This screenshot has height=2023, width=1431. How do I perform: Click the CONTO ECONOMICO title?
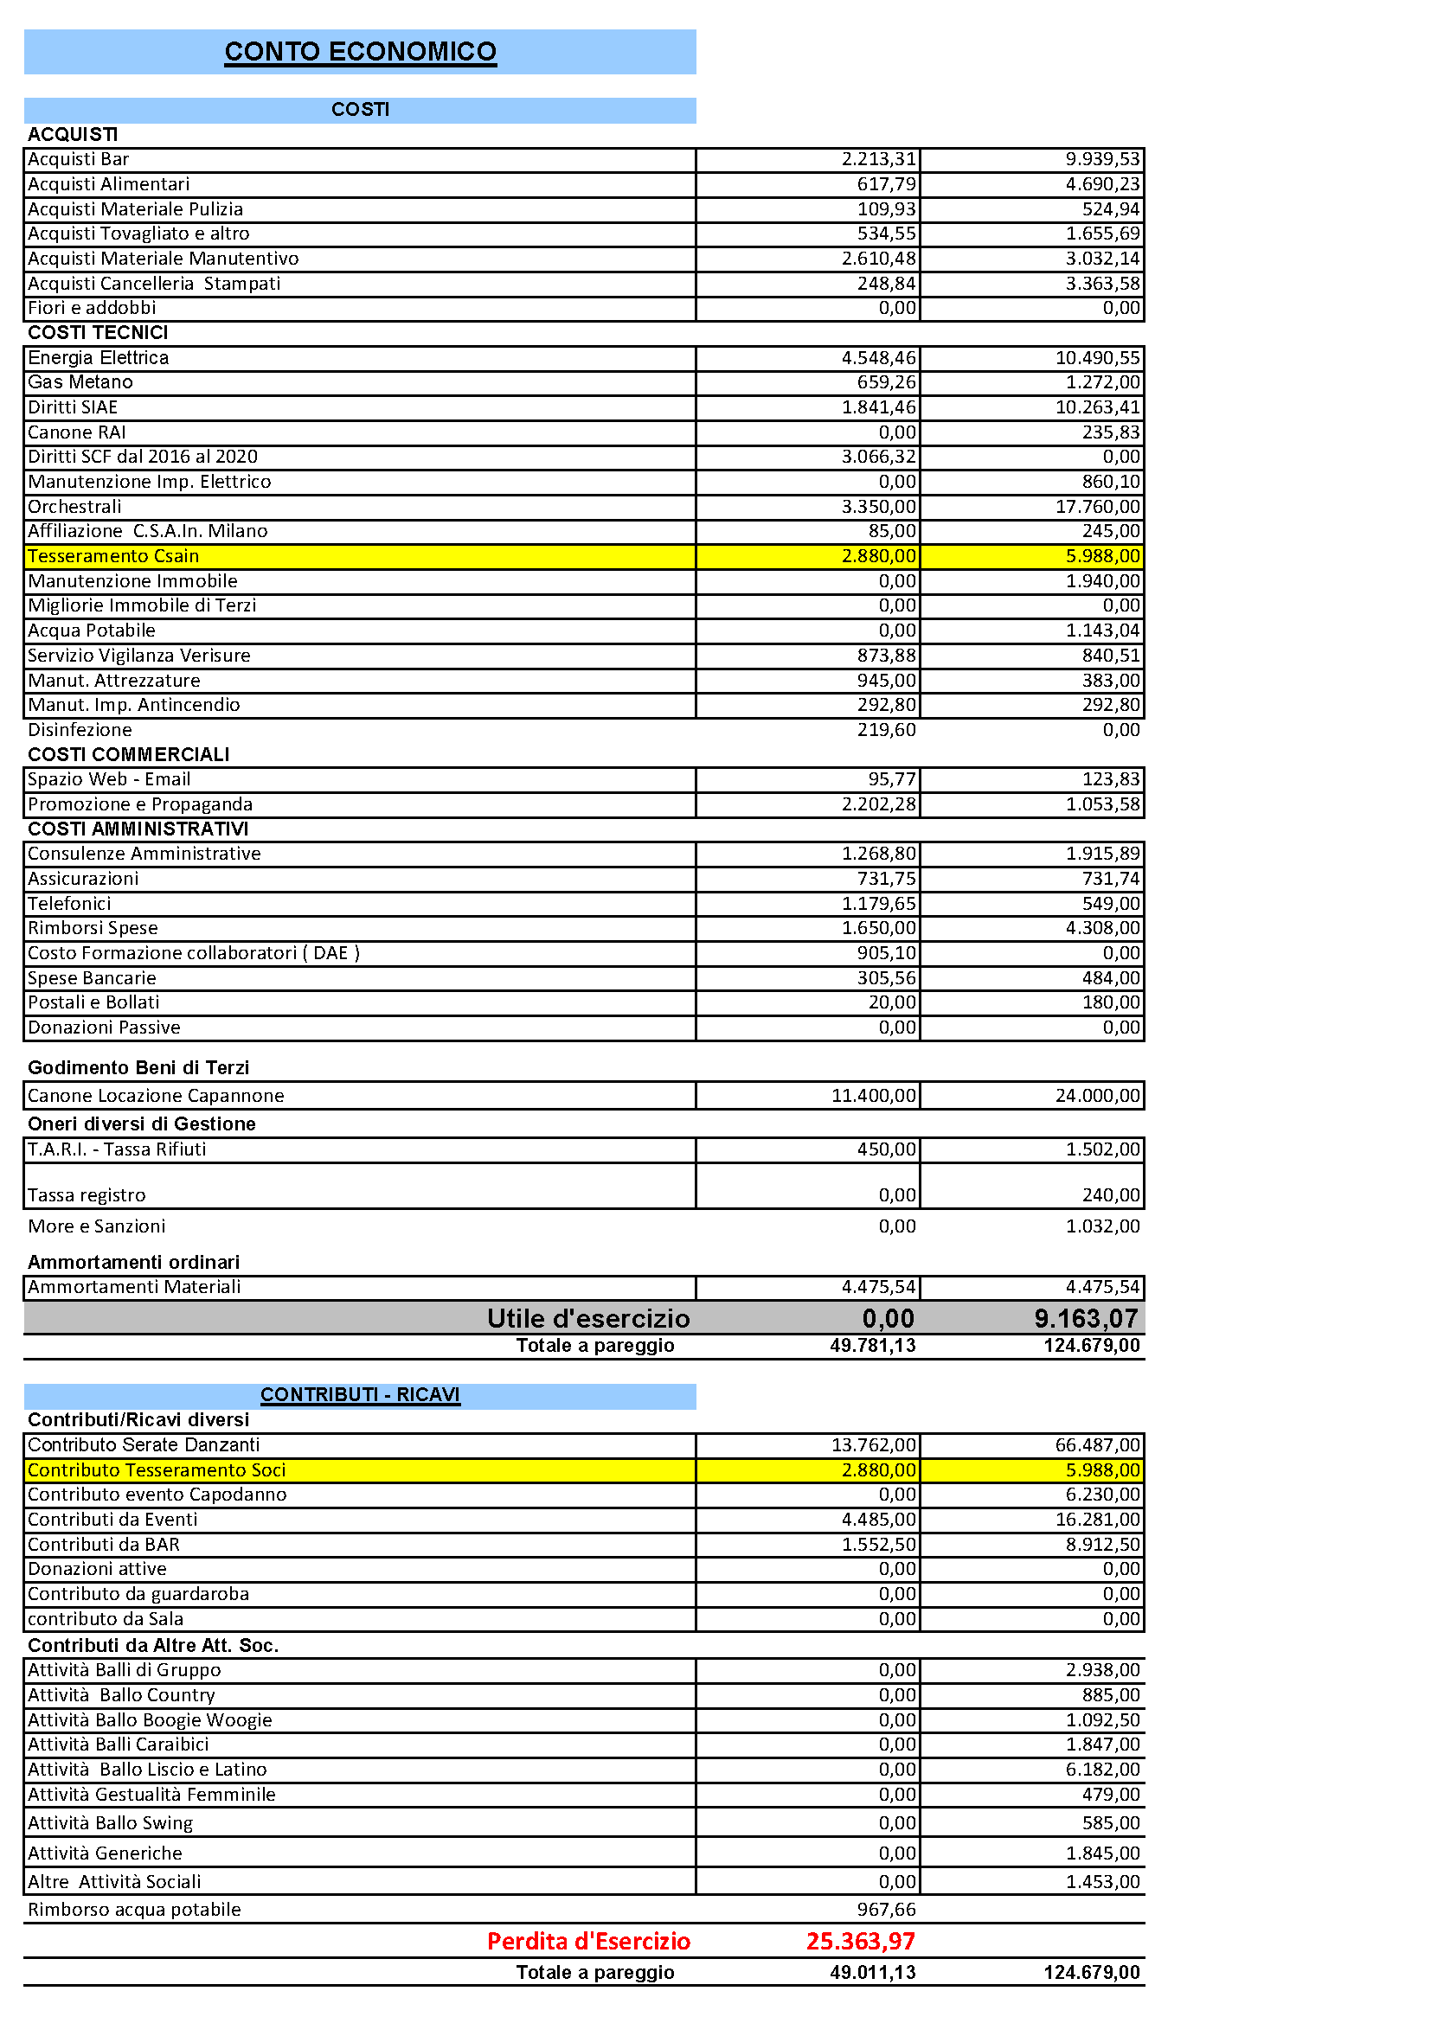tap(361, 52)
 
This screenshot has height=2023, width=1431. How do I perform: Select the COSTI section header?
tap(361, 109)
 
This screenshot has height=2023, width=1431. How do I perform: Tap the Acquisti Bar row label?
tap(79, 159)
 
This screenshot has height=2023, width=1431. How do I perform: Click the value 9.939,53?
tap(1102, 159)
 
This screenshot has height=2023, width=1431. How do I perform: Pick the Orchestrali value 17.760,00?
tap(1097, 507)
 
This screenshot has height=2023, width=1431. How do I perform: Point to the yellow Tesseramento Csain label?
tap(113, 556)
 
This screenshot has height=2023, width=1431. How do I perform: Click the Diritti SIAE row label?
tap(73, 407)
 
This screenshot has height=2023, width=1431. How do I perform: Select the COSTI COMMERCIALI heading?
tap(129, 754)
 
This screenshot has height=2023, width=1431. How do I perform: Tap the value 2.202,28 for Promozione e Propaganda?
tap(878, 804)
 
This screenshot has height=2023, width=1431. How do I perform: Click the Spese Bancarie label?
tap(92, 978)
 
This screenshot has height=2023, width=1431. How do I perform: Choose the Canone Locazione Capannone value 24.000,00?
tap(1097, 1096)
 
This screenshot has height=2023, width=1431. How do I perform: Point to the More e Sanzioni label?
tap(97, 1226)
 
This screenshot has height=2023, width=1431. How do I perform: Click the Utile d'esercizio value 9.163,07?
tap(1086, 1319)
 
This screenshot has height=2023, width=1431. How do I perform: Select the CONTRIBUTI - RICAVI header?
tap(361, 1395)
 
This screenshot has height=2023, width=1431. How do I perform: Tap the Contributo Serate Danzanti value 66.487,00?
tap(1097, 1445)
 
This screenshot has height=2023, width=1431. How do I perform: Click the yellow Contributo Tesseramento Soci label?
tap(157, 1469)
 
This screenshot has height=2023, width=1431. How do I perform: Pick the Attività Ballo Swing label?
tap(110, 1823)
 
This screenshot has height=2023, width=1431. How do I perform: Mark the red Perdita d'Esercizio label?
tap(588, 1941)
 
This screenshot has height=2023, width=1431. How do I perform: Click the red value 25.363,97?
tap(860, 1941)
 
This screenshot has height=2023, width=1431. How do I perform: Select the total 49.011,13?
tap(872, 1972)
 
